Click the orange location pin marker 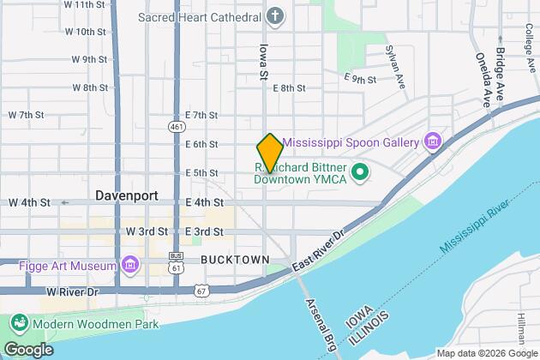(269, 153)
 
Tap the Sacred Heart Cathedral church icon (274, 16)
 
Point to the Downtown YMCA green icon (361, 172)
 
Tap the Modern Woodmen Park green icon (17, 325)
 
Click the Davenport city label (126, 195)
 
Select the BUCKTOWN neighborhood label (235, 258)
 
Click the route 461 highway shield (175, 126)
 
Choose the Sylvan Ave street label (396, 68)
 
